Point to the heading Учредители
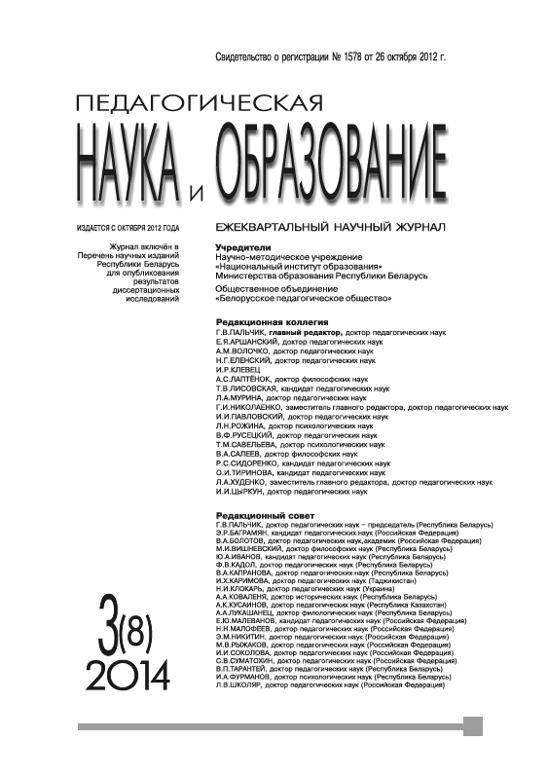point(240,247)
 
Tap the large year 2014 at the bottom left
point(128,672)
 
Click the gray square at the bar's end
point(473,726)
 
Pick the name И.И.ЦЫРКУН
point(239,494)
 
